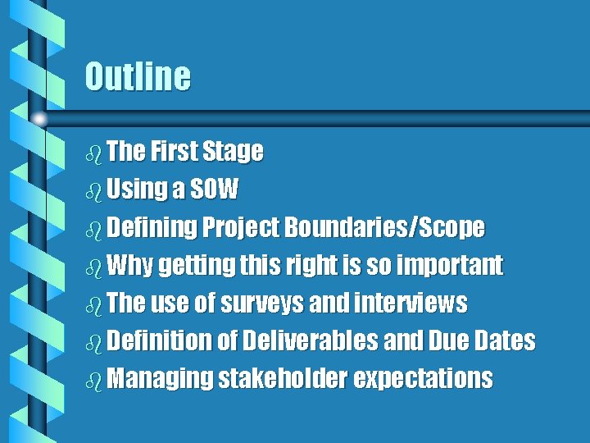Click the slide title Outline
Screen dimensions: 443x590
pyautogui.click(x=138, y=77)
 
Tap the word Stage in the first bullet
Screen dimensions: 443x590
pyautogui.click(x=233, y=152)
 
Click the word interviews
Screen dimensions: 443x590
pyautogui.click(x=411, y=303)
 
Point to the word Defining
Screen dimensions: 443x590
pyautogui.click(x=152, y=227)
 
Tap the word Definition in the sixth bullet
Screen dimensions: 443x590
pyautogui.click(x=159, y=340)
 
